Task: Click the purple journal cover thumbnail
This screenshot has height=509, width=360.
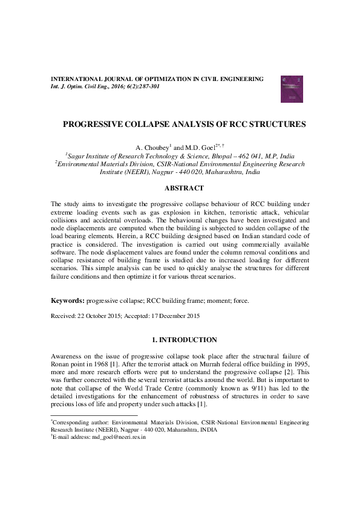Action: point(290,89)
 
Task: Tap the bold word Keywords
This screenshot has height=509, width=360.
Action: point(67,300)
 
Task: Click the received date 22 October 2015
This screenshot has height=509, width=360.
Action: point(102,316)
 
